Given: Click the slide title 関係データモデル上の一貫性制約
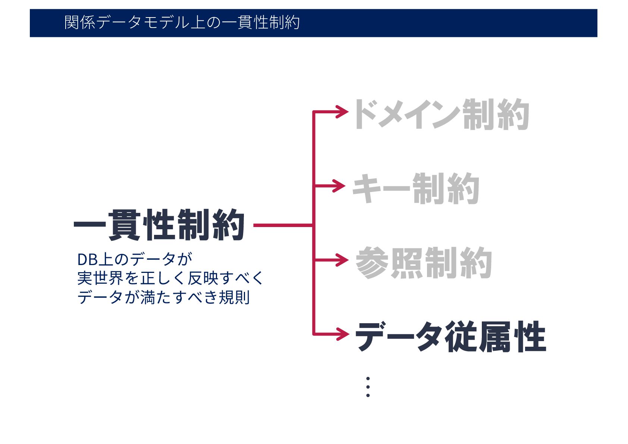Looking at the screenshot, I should point(182,23).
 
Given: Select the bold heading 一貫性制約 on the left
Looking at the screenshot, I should point(159,225).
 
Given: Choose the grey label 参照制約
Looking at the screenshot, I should point(424,263).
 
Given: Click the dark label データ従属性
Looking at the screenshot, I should point(450,337).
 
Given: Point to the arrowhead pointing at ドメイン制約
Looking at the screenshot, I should point(342,111).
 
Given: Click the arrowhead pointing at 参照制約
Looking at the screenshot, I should point(342,260).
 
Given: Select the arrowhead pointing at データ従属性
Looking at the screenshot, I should point(342,334).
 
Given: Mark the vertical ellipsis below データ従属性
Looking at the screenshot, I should point(368,387).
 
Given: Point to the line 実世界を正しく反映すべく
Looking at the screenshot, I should point(170,278).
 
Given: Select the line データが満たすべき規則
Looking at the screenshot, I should point(163,297).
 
